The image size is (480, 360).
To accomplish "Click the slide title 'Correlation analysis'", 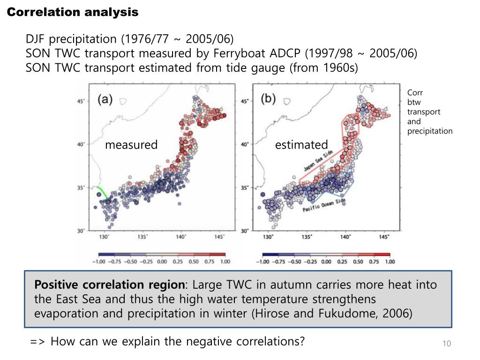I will coord(73,13).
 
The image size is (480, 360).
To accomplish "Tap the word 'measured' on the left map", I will coord(131,145).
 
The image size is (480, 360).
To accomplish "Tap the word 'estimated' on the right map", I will coord(301,145).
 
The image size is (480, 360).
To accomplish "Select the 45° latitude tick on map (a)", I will coord(81,101).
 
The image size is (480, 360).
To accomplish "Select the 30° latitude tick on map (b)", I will coord(245,231).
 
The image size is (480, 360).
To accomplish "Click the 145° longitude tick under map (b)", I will coord(384,237).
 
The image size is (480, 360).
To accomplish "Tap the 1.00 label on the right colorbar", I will coord(389,262).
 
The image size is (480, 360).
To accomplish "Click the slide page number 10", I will coord(446,345).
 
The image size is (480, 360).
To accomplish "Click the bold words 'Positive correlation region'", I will coord(110,285).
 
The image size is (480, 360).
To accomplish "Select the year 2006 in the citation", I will coord(397,314).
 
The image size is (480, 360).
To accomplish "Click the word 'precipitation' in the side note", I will coord(429,131).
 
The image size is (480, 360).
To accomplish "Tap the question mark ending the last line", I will coord(301,341).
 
